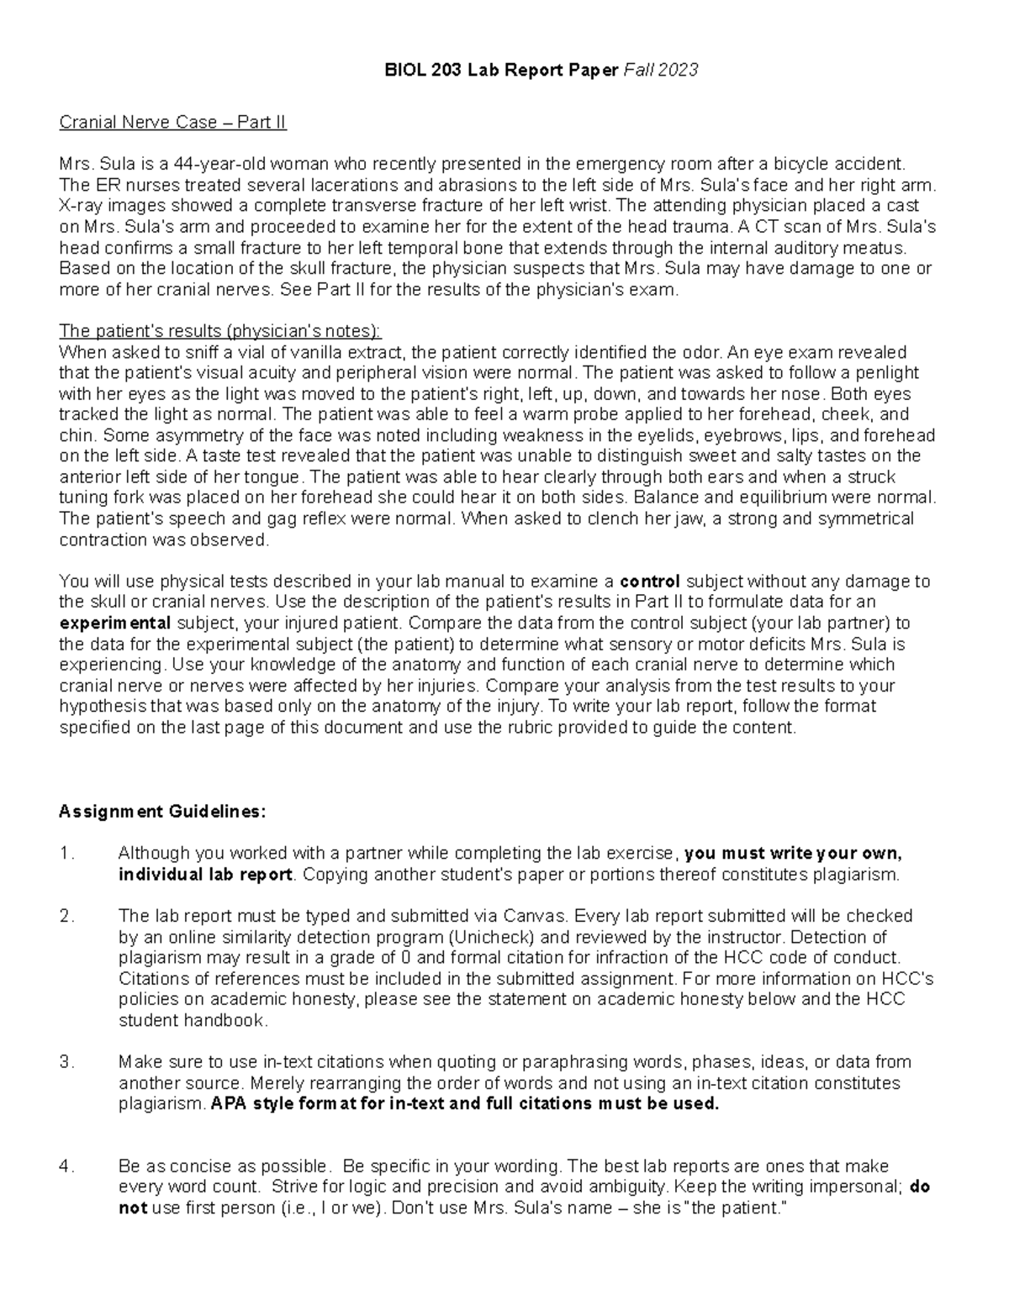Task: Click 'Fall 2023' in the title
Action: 660,71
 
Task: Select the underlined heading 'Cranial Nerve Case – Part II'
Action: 172,123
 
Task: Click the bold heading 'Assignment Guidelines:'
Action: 162,812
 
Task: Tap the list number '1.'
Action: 67,854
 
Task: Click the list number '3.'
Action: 67,1062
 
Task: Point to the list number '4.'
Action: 67,1166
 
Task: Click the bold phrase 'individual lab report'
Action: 206,875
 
